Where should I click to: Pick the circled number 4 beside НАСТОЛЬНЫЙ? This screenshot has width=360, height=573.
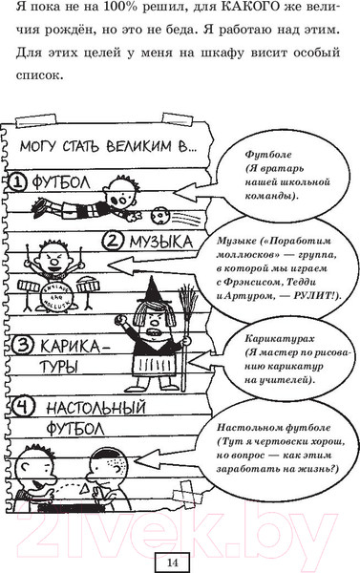[x=20, y=406]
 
